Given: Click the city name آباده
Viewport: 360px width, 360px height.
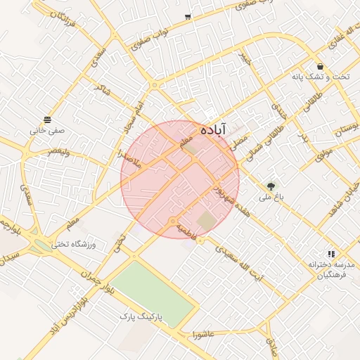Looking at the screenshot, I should (212, 130).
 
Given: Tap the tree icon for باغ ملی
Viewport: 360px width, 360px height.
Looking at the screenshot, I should (271, 186).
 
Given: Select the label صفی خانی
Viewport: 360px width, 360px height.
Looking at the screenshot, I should (47, 130).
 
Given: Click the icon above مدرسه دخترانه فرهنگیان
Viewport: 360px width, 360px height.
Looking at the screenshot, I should (331, 253).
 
